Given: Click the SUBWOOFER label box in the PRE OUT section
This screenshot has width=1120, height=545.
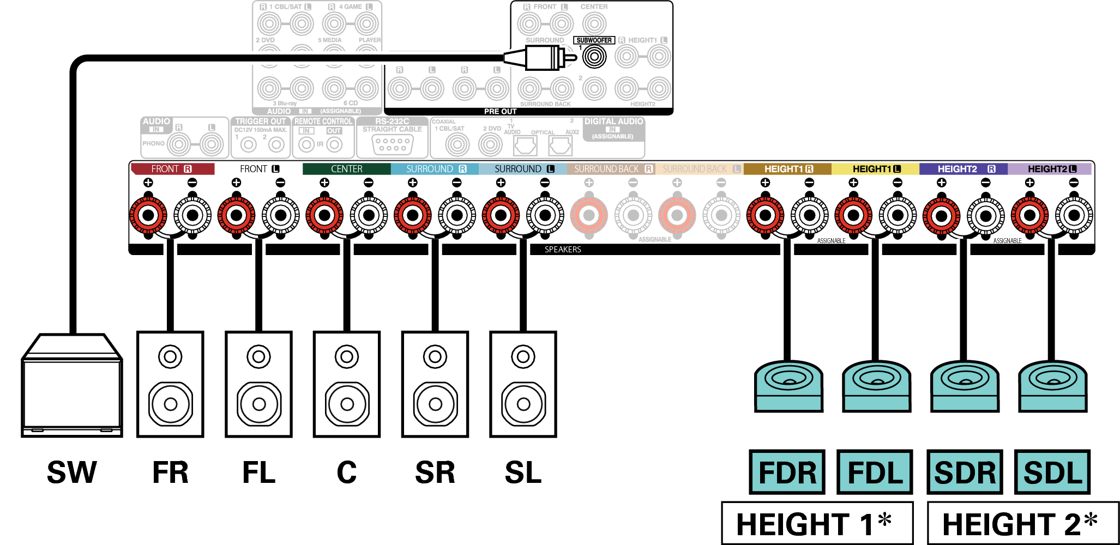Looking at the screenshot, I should pos(594,40).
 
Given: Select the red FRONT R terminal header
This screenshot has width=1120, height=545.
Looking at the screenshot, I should pos(172,169).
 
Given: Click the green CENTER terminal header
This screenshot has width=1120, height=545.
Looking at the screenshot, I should pos(346,169).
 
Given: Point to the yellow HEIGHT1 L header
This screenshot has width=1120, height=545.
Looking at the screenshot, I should pos(875,169).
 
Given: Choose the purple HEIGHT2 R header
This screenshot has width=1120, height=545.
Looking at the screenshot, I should pos(963,169).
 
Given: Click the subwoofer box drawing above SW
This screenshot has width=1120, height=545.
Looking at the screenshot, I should pos(71,387).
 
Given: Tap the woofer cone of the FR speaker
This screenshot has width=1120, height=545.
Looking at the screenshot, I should pos(170,404).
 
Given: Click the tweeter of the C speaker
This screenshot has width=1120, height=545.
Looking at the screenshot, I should pos(347,357).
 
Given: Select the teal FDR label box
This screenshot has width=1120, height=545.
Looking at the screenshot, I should pos(787,472).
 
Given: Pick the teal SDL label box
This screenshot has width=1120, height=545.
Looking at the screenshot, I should pos(1052,472).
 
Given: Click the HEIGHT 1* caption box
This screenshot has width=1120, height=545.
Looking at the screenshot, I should pos(816,523).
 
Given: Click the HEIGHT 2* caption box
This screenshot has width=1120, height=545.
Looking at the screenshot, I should pos(1022,523).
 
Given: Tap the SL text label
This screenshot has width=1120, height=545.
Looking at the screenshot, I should pos(523,473).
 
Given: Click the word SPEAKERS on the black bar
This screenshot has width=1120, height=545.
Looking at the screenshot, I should pos(563,250).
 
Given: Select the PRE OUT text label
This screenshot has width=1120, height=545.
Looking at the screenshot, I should pos(500,111).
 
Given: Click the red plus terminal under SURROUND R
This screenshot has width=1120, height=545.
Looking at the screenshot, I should pos(413,215).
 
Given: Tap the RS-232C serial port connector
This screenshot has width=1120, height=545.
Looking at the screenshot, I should pos(393,144).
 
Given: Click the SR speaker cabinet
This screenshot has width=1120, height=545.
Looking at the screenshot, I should pos(435,384).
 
